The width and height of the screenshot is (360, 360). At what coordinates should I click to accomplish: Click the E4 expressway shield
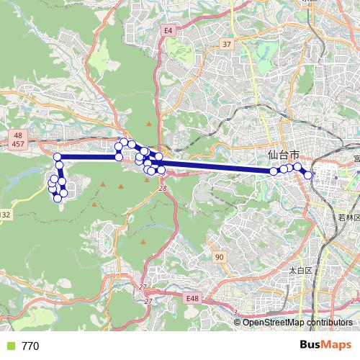[168, 30]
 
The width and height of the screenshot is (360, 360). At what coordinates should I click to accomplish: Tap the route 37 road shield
[227, 45]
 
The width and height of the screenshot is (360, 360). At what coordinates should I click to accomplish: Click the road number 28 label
[163, 188]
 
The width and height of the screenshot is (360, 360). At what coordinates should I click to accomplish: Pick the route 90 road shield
[219, 257]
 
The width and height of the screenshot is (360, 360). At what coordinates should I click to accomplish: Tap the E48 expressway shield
[191, 298]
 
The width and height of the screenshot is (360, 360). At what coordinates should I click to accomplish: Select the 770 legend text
[30, 346]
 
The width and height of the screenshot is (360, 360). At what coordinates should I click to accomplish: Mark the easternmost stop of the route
[309, 174]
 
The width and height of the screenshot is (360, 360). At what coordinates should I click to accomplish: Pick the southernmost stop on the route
[58, 198]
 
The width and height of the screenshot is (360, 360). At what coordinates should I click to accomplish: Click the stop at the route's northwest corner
[57, 156]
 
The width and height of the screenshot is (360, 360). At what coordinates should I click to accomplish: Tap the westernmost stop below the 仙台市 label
[274, 171]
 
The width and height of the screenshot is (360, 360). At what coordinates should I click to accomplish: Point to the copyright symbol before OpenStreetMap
[238, 322]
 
